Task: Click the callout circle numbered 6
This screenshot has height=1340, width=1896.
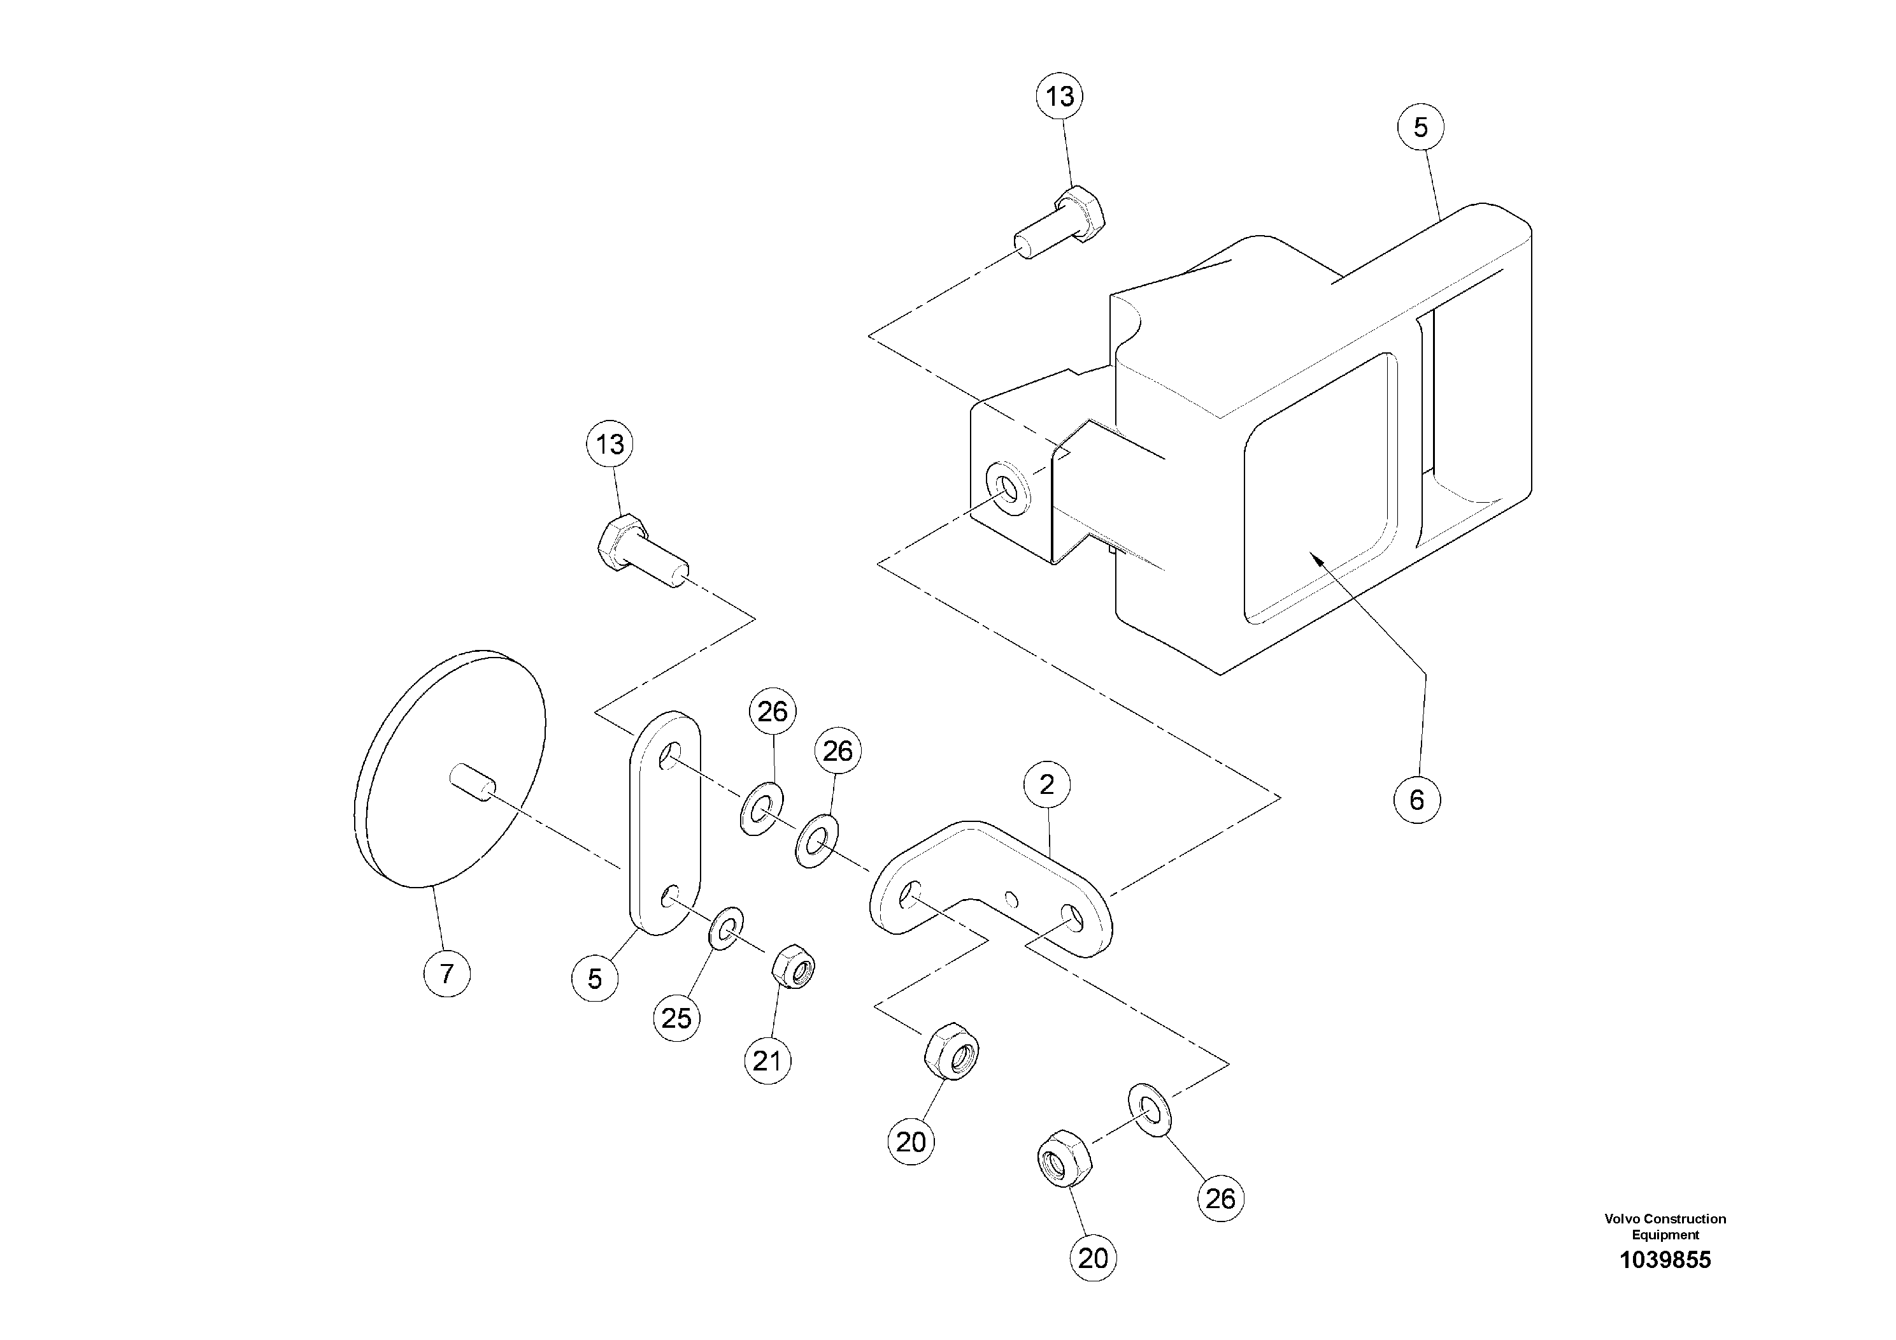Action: [x=1416, y=800]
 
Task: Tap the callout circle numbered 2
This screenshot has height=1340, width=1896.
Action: [x=1046, y=785]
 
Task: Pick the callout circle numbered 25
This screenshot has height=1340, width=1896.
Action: [x=676, y=1018]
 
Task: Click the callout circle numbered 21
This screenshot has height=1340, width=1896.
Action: [x=767, y=1061]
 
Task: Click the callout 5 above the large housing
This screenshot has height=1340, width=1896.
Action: [x=1420, y=127]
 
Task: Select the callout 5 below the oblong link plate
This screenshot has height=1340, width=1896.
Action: [x=595, y=979]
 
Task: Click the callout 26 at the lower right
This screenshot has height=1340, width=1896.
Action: [x=1220, y=1199]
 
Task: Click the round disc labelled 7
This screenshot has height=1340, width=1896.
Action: [x=450, y=768]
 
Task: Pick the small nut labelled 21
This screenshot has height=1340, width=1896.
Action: [x=794, y=964]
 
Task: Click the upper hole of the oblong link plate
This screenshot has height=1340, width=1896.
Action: [x=671, y=755]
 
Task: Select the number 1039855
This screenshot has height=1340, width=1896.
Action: [x=1665, y=1260]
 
